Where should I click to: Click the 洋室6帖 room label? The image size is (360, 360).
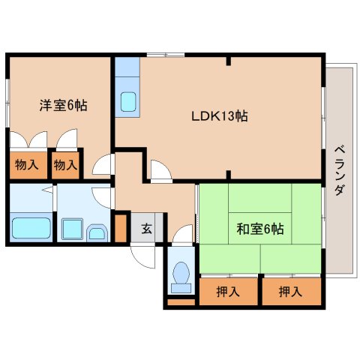(x=64, y=106)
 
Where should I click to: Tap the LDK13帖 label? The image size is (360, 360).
(x=220, y=116)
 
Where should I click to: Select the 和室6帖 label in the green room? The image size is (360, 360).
(x=260, y=229)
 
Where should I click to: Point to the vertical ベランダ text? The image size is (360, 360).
(x=340, y=171)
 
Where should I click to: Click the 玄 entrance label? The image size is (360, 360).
(x=146, y=228)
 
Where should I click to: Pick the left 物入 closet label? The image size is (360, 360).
(x=27, y=165)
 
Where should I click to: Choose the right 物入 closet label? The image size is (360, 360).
(x=65, y=165)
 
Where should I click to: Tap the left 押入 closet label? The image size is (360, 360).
(x=228, y=292)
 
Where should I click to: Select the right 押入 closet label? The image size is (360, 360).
(x=290, y=292)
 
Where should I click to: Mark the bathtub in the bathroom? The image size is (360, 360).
(x=31, y=228)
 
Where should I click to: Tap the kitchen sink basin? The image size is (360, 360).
(x=128, y=101)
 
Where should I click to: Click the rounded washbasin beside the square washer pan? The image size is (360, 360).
(x=97, y=233)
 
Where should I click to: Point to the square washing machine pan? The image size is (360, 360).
(x=72, y=229)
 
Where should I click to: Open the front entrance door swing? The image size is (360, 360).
(x=142, y=256)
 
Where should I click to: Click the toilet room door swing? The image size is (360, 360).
(x=182, y=233)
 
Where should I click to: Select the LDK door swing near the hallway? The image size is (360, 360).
(x=161, y=169)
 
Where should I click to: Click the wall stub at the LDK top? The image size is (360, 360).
(x=229, y=61)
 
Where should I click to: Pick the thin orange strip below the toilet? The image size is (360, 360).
(x=181, y=302)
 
